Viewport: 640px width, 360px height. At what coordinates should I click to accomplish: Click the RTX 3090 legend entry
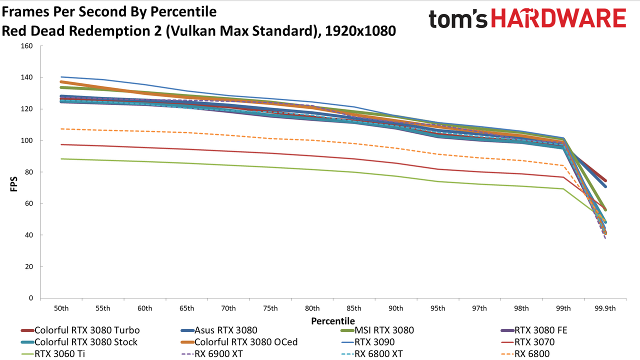(x=368, y=342)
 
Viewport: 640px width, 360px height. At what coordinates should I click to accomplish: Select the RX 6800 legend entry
(x=525, y=354)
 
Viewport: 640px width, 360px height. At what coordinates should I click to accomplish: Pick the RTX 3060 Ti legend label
(x=59, y=354)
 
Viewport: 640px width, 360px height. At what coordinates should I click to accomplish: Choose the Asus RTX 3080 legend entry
(x=219, y=330)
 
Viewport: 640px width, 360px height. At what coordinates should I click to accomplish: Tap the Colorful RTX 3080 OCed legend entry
(x=239, y=342)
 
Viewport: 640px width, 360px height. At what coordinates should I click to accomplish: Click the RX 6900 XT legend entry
(x=212, y=354)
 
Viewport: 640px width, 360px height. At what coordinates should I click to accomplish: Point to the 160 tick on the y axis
(x=27, y=46)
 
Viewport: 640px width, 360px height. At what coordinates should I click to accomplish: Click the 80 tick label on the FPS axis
(x=29, y=172)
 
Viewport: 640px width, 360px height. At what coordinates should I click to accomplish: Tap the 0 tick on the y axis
(x=31, y=298)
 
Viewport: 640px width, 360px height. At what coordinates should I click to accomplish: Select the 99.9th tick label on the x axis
(x=605, y=308)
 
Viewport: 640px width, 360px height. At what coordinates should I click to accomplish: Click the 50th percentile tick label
(x=61, y=308)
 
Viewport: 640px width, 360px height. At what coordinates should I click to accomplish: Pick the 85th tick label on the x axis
(x=354, y=308)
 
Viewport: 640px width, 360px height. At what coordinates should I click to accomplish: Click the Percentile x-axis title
(x=333, y=321)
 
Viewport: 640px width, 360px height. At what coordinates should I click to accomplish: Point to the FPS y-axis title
(x=13, y=184)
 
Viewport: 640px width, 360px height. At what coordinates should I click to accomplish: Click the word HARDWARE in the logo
(x=559, y=18)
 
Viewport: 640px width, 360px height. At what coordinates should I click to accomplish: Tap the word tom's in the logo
(x=458, y=19)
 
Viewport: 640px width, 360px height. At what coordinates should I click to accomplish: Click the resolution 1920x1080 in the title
(x=360, y=31)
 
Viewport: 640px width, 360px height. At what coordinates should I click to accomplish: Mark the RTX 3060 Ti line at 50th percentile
(x=61, y=159)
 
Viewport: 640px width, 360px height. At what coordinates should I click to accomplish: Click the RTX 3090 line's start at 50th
(x=61, y=77)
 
